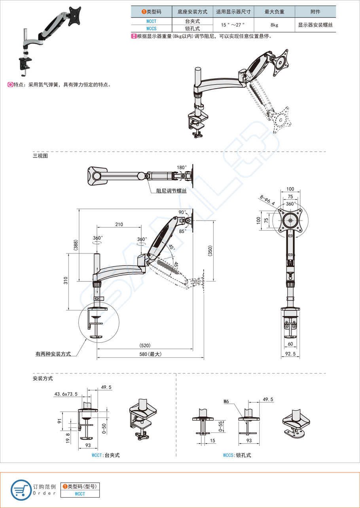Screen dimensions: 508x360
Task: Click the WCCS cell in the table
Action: click(151, 29)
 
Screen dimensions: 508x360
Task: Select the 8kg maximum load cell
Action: click(274, 25)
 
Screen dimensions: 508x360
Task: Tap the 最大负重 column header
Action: click(274, 12)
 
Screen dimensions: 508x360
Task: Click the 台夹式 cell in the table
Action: click(192, 21)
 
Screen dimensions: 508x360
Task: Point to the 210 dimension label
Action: click(119, 225)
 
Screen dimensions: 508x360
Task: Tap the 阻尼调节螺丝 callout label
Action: click(171, 191)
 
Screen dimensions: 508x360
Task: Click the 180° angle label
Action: click(181, 168)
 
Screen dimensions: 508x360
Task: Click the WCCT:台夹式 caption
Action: click(105, 455)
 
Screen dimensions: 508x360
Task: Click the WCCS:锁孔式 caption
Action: click(237, 455)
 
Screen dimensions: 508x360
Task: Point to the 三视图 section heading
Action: click(40, 156)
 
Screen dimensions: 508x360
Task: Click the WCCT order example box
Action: click(80, 494)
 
